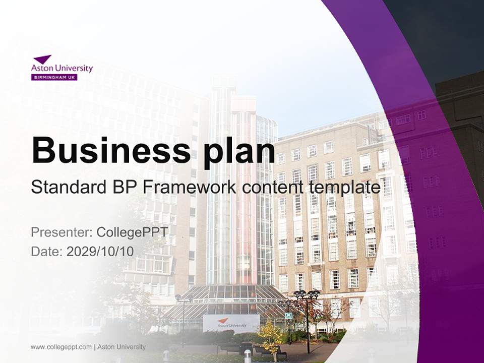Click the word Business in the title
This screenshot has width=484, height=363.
click(x=107, y=150)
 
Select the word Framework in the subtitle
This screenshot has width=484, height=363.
click(x=189, y=188)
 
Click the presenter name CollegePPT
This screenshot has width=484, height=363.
click(x=132, y=232)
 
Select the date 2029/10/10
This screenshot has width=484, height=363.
click(x=100, y=251)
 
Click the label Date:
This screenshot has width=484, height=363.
click(x=47, y=251)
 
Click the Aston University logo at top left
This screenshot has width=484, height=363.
click(x=62, y=68)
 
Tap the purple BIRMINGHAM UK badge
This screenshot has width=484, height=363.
click(x=54, y=77)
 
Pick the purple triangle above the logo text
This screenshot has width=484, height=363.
click(x=43, y=59)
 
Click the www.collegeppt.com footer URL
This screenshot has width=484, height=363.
click(x=61, y=347)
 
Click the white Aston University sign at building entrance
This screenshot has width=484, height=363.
click(x=231, y=323)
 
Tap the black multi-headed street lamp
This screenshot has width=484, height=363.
click(x=307, y=302)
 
